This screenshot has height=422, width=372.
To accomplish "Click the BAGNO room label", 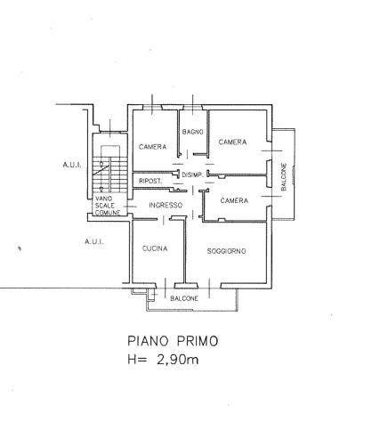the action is click(x=193, y=132).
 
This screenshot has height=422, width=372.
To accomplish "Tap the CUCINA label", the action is click(x=155, y=248).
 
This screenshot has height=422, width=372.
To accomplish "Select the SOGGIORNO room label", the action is click(x=226, y=251).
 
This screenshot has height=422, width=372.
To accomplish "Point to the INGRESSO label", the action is click(x=166, y=205).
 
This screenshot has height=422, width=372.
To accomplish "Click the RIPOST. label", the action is click(x=150, y=181).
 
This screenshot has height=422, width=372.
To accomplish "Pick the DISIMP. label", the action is click(x=192, y=174).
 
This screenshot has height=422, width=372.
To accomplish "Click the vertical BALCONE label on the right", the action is click(x=284, y=177).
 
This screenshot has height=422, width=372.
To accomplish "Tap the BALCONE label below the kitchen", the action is click(x=184, y=298).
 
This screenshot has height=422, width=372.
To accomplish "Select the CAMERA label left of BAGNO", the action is click(x=152, y=147).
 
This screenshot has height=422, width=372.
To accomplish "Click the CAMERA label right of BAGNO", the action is click(x=232, y=142).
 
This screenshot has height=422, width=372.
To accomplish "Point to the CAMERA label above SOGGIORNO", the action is click(x=234, y=200).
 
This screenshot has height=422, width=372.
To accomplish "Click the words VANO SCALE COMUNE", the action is click(x=108, y=206).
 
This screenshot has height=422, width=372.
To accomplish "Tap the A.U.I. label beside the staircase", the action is click(x=72, y=165).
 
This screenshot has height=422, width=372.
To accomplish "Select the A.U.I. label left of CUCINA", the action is click(x=94, y=241).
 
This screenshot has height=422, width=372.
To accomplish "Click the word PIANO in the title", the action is click(x=148, y=341).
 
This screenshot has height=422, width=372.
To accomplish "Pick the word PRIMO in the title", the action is click(x=198, y=341).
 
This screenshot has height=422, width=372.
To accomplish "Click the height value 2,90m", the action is click(x=177, y=360).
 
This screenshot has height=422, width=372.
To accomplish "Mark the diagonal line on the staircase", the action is click(x=101, y=171).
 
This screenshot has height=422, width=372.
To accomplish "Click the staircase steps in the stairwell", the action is click(x=109, y=175).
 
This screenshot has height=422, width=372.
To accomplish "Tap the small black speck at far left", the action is click(x=20, y=248).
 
